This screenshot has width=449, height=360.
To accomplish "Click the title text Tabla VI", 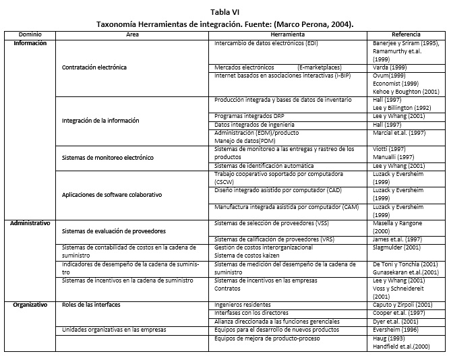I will [224, 11].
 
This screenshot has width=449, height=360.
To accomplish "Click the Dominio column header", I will [30, 34].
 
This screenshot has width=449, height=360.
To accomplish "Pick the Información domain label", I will [30, 42].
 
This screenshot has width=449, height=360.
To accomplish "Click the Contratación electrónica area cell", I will [94, 68].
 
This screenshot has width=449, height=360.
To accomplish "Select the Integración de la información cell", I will [100, 120].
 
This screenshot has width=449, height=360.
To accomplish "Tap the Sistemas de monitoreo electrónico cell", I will [107, 157].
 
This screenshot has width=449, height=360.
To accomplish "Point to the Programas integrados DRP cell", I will [243, 115].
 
